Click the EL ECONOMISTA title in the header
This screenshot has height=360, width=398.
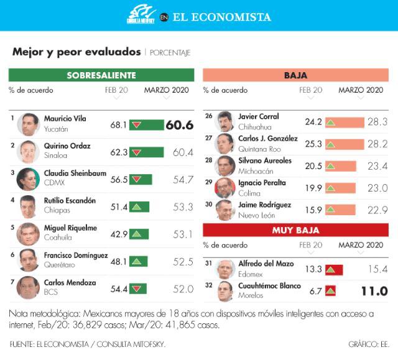(x=221, y=17)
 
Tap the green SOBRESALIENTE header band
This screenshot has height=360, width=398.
(x=101, y=75)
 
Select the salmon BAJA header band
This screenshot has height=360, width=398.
(x=295, y=75)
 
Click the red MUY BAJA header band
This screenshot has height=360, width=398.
(x=295, y=230)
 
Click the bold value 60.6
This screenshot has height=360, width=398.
(x=180, y=125)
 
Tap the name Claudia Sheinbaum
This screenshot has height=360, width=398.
(x=75, y=173)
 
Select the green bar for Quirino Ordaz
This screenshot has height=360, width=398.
(x=146, y=152)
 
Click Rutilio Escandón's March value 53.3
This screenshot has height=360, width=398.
(x=183, y=207)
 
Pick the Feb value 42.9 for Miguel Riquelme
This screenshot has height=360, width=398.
(x=119, y=234)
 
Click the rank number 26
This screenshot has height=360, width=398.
(x=209, y=116)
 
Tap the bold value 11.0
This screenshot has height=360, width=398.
(x=374, y=291)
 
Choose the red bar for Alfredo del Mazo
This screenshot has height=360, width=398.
(x=335, y=269)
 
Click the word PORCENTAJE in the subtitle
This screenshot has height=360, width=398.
(x=170, y=53)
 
